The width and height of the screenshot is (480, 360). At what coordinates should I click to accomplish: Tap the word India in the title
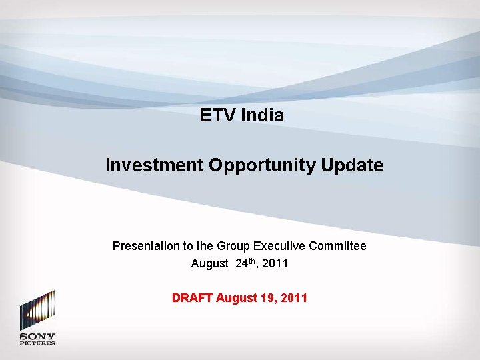click(262, 115)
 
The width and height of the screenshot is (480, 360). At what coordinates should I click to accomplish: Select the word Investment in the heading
click(155, 165)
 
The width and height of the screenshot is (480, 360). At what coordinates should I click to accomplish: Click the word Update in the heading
click(360, 165)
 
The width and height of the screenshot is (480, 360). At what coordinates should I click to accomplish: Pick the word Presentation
click(145, 246)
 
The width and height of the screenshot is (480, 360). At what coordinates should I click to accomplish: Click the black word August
click(209, 263)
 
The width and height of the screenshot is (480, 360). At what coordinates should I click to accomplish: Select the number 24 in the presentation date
click(242, 263)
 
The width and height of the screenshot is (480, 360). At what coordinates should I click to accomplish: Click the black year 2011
click(275, 263)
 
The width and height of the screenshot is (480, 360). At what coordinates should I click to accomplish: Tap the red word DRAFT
click(191, 298)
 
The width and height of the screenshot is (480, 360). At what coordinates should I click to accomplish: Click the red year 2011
click(294, 298)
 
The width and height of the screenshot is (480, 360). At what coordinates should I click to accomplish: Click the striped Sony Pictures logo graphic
click(37, 310)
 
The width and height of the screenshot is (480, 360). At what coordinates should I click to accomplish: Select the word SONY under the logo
click(37, 337)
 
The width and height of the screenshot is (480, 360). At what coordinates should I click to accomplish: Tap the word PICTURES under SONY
click(37, 343)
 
